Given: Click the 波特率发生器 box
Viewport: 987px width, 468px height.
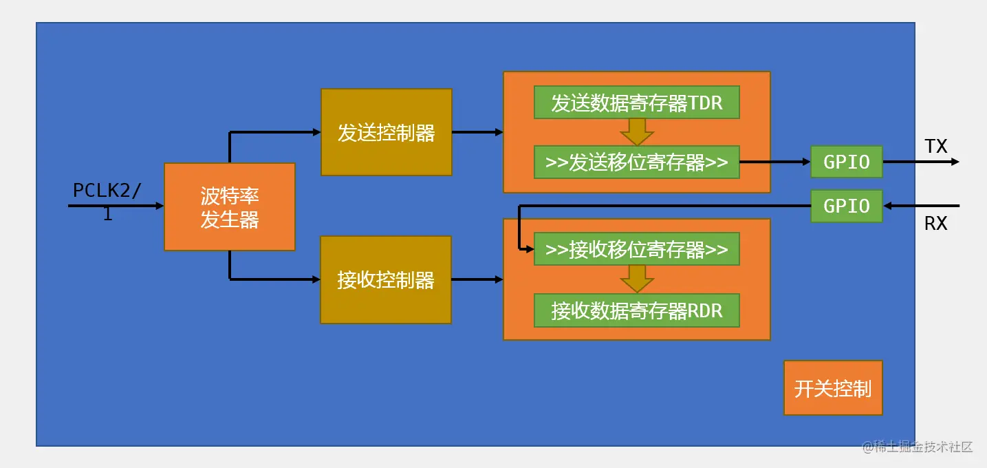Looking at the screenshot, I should coord(229,206).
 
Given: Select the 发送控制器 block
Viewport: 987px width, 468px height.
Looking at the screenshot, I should coord(386,132).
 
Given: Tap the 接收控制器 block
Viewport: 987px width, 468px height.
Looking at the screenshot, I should coord(386,279).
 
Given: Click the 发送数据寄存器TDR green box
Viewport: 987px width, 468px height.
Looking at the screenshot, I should coord(636,103).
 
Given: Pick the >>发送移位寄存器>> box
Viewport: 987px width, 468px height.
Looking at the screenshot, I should coord(636,162).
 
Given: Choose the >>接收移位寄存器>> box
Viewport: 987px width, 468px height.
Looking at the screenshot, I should coord(636,249).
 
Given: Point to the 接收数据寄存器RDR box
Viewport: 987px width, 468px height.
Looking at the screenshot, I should coord(636,310).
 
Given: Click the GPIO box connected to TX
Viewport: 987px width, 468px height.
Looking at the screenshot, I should coord(846,162).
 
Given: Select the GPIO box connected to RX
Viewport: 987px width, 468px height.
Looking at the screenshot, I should coord(846,206).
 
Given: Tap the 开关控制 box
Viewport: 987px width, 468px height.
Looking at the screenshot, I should coord(833,388).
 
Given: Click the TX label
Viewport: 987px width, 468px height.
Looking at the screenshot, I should coord(935,146).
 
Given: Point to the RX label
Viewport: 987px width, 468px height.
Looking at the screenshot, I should coord(935,224).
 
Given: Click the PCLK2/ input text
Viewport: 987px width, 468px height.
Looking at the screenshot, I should coord(107,191).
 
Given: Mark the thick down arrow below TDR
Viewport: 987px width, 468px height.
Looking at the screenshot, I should coord(636,131).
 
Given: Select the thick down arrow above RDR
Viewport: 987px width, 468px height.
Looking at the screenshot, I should coord(636,279).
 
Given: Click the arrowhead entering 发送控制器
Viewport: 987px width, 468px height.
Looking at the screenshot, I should coord(316,132).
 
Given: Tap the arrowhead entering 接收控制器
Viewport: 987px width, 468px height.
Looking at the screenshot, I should coord(316,279).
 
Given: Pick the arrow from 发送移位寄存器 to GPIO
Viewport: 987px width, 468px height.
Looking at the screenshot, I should coord(774,162).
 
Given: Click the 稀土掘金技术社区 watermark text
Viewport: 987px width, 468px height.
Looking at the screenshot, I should coord(918,447).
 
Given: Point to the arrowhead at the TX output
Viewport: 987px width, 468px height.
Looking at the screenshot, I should coord(955,162).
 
